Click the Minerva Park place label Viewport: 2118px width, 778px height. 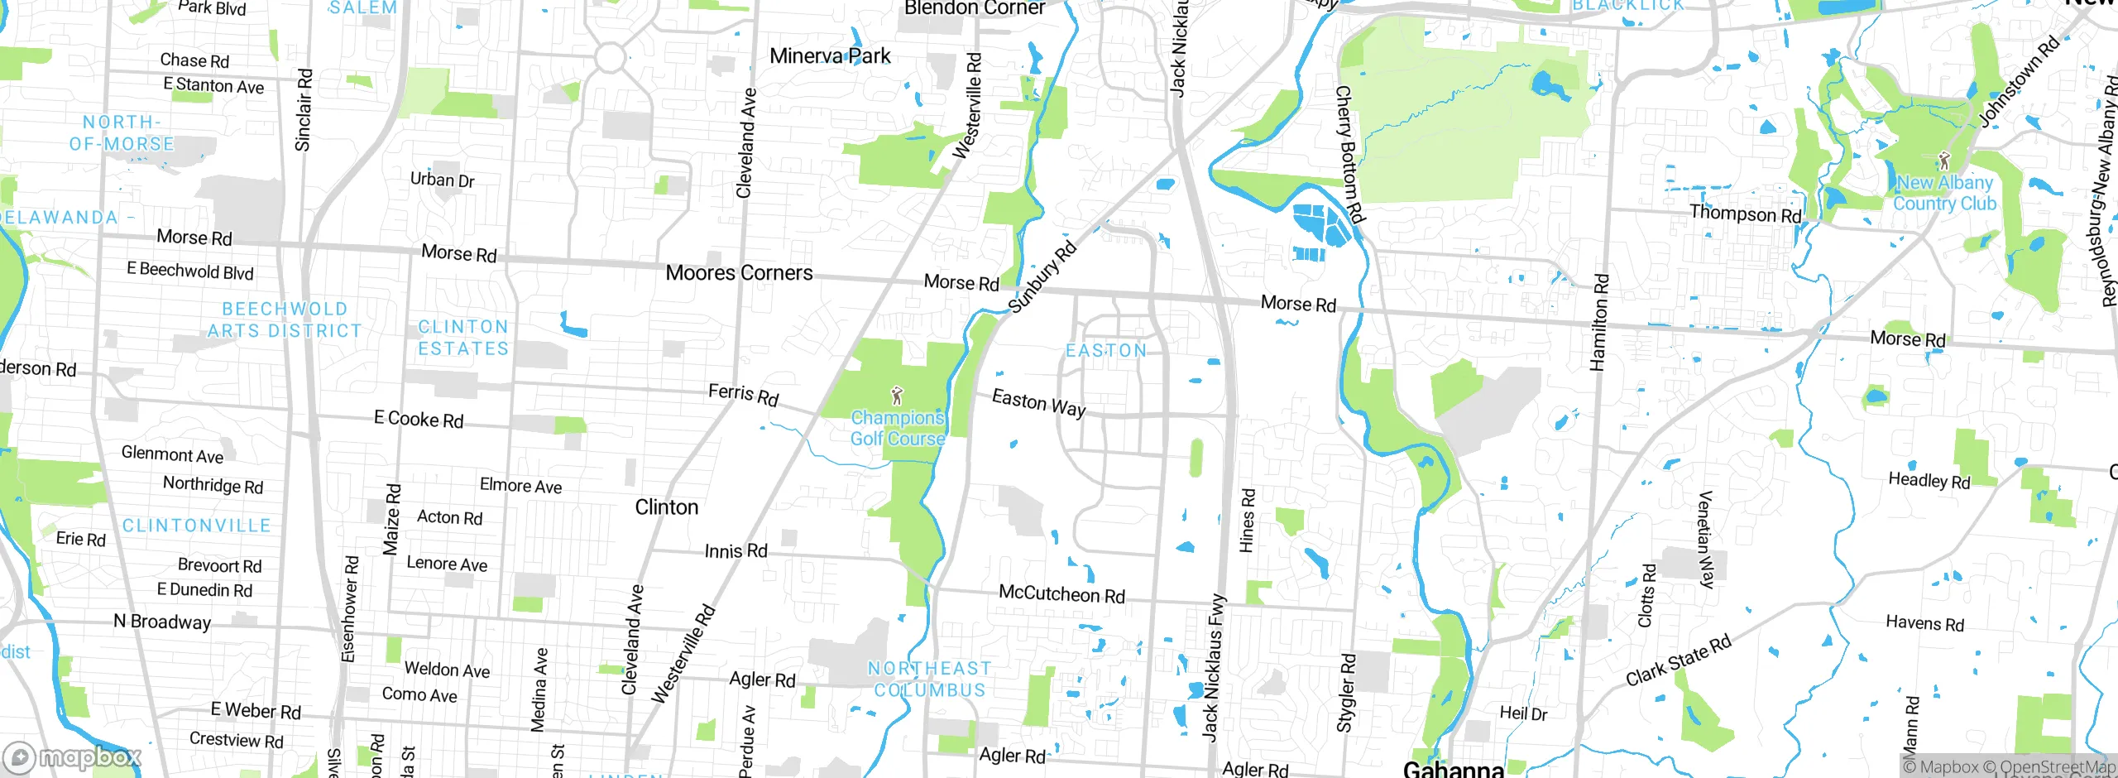(x=830, y=55)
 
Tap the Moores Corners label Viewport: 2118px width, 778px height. (x=739, y=272)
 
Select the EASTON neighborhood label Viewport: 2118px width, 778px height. (x=1106, y=350)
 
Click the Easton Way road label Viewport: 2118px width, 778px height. (x=1038, y=402)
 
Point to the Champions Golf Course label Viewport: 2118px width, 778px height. (x=898, y=429)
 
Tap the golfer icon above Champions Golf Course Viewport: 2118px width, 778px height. (x=897, y=396)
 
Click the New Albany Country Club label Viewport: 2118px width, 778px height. (x=1944, y=193)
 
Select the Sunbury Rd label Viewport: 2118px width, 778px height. (x=1042, y=276)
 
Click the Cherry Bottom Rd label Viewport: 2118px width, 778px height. (x=1349, y=154)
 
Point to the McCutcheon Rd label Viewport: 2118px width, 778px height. (x=1061, y=594)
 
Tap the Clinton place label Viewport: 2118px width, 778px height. (x=667, y=507)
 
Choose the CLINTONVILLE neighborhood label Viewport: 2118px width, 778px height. (x=197, y=526)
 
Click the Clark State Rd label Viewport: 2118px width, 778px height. (x=1678, y=660)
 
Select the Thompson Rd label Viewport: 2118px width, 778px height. (x=1745, y=214)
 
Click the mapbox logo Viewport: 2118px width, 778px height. (x=73, y=757)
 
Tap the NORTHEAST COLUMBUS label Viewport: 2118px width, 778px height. (x=929, y=679)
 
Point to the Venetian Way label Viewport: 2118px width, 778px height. (x=1704, y=540)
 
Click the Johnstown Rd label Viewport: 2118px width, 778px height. (x=2018, y=82)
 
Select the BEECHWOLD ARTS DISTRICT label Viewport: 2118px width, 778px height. (x=285, y=319)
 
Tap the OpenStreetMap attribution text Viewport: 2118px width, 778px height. (x=2055, y=767)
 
